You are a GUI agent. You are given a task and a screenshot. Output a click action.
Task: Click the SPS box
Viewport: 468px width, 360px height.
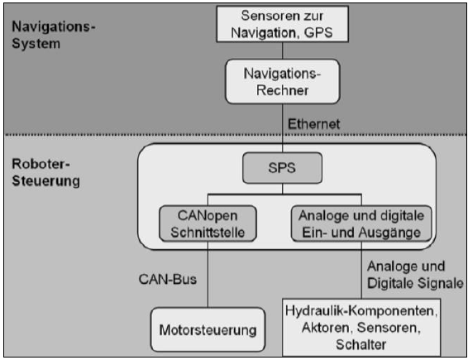[282, 168]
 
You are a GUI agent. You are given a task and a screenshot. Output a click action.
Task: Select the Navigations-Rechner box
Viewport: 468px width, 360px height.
[282, 82]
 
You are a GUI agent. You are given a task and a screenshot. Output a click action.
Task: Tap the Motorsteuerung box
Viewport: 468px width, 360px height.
[208, 330]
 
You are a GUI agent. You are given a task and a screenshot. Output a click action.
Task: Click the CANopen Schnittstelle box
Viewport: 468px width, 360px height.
[208, 223]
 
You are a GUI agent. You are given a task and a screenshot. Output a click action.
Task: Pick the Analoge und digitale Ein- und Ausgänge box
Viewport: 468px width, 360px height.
[361, 223]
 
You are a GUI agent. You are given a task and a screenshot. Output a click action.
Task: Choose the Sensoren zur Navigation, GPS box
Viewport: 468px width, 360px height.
[282, 24]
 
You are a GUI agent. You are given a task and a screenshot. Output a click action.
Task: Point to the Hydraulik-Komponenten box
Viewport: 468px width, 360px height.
[361, 328]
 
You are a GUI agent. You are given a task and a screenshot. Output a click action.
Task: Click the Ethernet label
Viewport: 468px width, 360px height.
[313, 124]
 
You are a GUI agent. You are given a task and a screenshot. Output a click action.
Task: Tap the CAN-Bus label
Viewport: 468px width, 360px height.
[168, 280]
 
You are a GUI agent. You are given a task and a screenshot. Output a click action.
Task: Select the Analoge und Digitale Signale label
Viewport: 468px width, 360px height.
[415, 275]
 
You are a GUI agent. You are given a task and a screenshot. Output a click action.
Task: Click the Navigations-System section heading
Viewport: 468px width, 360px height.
[54, 35]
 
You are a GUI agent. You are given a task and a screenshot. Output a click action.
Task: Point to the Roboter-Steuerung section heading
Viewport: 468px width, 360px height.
[45, 172]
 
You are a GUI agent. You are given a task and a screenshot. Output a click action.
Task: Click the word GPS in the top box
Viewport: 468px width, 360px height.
[318, 32]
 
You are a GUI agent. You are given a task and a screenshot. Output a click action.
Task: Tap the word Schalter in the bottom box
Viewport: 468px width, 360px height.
[361, 344]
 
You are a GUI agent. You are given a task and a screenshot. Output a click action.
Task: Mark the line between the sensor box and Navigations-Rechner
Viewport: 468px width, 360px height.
[282, 50]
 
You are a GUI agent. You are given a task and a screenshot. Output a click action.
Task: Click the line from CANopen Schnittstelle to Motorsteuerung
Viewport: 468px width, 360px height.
[208, 275]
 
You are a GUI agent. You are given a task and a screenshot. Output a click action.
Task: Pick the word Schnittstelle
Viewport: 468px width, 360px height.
[208, 233]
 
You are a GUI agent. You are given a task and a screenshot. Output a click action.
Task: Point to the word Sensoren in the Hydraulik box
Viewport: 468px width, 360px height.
[389, 328]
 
